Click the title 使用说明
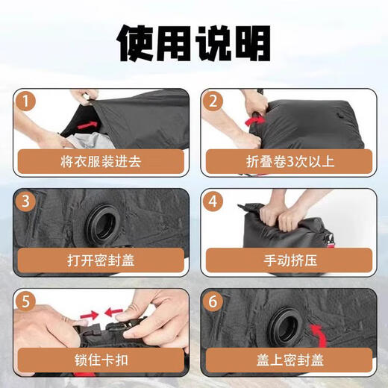pos(194,43)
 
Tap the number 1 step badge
pos(25,101)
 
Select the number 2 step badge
pos(213,101)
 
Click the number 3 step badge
pos(25,201)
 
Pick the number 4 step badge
pos(213,201)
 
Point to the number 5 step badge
pos(25,301)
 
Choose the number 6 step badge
pos(213,301)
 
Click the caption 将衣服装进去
pos(101,161)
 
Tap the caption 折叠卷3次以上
pos(290,161)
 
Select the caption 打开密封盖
pos(101,260)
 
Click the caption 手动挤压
pos(290,260)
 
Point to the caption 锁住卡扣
pos(101,360)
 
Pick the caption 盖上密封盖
pos(290,360)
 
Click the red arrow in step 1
pos(87,125)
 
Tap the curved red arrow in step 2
pos(255,121)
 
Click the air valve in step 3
pos(104,224)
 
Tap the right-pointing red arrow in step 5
pos(90,315)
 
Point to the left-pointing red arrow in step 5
pos(113,313)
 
